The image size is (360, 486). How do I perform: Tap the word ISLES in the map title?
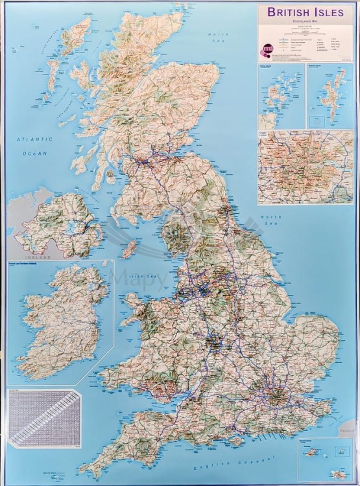(x=332, y=12)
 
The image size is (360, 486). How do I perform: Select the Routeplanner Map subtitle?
(x=306, y=22)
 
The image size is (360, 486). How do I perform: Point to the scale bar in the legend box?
(x=306, y=32)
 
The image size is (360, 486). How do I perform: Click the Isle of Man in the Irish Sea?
(x=130, y=248)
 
